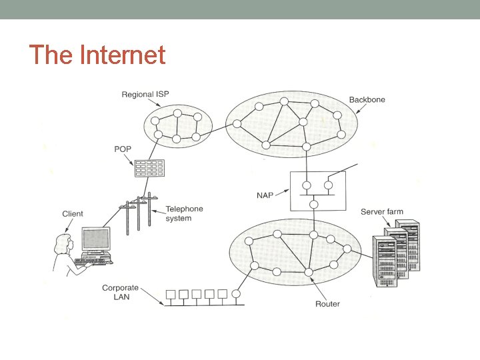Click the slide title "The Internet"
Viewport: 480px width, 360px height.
[x=97, y=55]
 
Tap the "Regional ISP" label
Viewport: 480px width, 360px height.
[x=145, y=95]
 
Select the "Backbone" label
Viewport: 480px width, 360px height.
[x=367, y=100]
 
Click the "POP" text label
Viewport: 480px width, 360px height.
[x=123, y=149]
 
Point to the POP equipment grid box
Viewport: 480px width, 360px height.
[x=149, y=168]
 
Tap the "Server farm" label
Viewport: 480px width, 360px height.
[x=381, y=212]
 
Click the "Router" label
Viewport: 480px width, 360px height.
[x=327, y=304]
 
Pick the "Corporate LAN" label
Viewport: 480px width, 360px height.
[x=120, y=292]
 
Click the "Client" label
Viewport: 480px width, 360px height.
[x=73, y=214]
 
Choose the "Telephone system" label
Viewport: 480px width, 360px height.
[x=184, y=213]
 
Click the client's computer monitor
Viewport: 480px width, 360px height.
[x=95, y=239]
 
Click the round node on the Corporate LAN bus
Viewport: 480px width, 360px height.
[x=237, y=293]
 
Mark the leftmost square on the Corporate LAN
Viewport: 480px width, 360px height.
[x=170, y=293]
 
